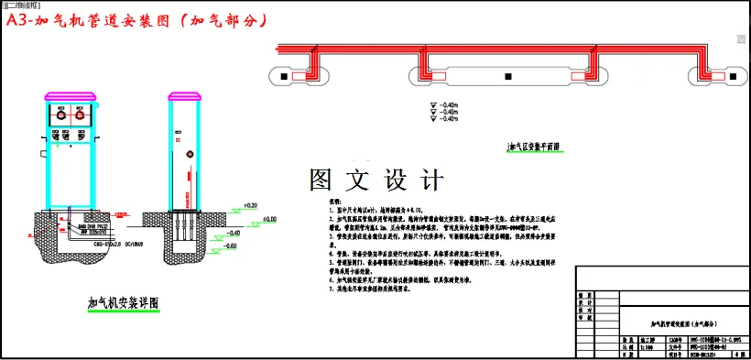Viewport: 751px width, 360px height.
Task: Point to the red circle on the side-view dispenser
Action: click(190, 153)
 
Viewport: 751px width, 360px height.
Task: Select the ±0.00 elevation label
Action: click(268, 220)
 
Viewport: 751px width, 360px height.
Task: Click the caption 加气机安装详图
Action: click(124, 302)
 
